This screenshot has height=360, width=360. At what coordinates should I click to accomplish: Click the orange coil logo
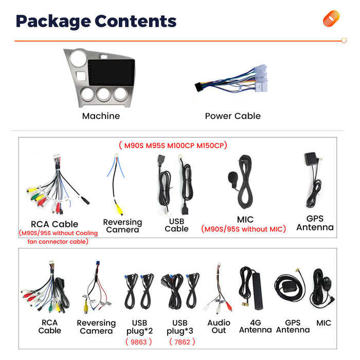pos(331,19)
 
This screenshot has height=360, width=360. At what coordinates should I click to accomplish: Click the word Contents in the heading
pos(135,21)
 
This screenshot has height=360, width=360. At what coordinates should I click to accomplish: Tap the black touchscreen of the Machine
pos(112,73)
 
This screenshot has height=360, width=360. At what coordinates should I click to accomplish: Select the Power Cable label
pos(232,116)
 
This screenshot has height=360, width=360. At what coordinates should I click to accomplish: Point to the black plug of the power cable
pos(199,87)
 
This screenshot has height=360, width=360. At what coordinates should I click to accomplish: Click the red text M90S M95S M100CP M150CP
pos(173,146)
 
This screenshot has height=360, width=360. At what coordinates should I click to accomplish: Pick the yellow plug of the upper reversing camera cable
pos(119,210)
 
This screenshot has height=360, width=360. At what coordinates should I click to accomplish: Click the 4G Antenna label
pos(255,326)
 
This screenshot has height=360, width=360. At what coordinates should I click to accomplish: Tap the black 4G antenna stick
pos(257,291)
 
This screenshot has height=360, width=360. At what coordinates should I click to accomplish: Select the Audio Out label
pos(219,327)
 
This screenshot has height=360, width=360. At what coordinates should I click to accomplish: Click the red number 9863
pos(139,342)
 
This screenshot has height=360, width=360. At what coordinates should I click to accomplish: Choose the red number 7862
pos(182,342)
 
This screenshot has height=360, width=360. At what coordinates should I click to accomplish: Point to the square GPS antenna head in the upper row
pos(311,159)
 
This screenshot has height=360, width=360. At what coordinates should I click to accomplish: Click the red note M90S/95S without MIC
pos(244,229)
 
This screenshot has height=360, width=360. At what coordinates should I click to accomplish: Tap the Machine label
pos(101,116)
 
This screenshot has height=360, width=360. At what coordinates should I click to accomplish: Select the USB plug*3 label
pos(180,327)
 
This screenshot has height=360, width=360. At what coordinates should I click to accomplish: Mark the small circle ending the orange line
pos(344,41)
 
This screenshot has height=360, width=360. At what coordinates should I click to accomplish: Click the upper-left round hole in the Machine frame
pos(79,58)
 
